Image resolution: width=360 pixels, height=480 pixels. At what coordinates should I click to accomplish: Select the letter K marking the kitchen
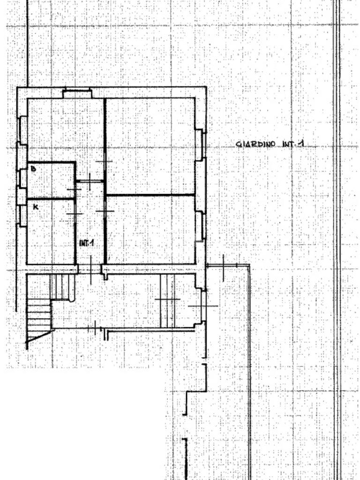coord(35,206)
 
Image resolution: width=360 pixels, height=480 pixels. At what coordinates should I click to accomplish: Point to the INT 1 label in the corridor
coord(87,243)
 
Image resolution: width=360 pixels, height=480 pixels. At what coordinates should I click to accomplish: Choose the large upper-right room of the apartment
coord(150,145)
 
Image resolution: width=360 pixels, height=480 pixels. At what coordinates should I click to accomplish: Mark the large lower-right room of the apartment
coord(150,230)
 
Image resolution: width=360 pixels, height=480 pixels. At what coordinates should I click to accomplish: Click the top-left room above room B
coord(65,129)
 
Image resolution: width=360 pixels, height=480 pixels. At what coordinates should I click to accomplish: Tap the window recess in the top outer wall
coord(77,93)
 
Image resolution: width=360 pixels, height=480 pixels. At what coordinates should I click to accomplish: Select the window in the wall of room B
coord(21,178)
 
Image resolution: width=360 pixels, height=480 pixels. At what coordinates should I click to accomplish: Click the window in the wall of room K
coord(22,216)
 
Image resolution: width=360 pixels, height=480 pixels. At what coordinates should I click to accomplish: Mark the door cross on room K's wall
coord(74,214)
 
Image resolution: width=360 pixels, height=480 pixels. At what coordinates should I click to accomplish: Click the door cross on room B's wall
coord(74,189)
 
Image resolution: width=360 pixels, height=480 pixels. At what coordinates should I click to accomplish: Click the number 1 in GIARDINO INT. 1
coord(300,144)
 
